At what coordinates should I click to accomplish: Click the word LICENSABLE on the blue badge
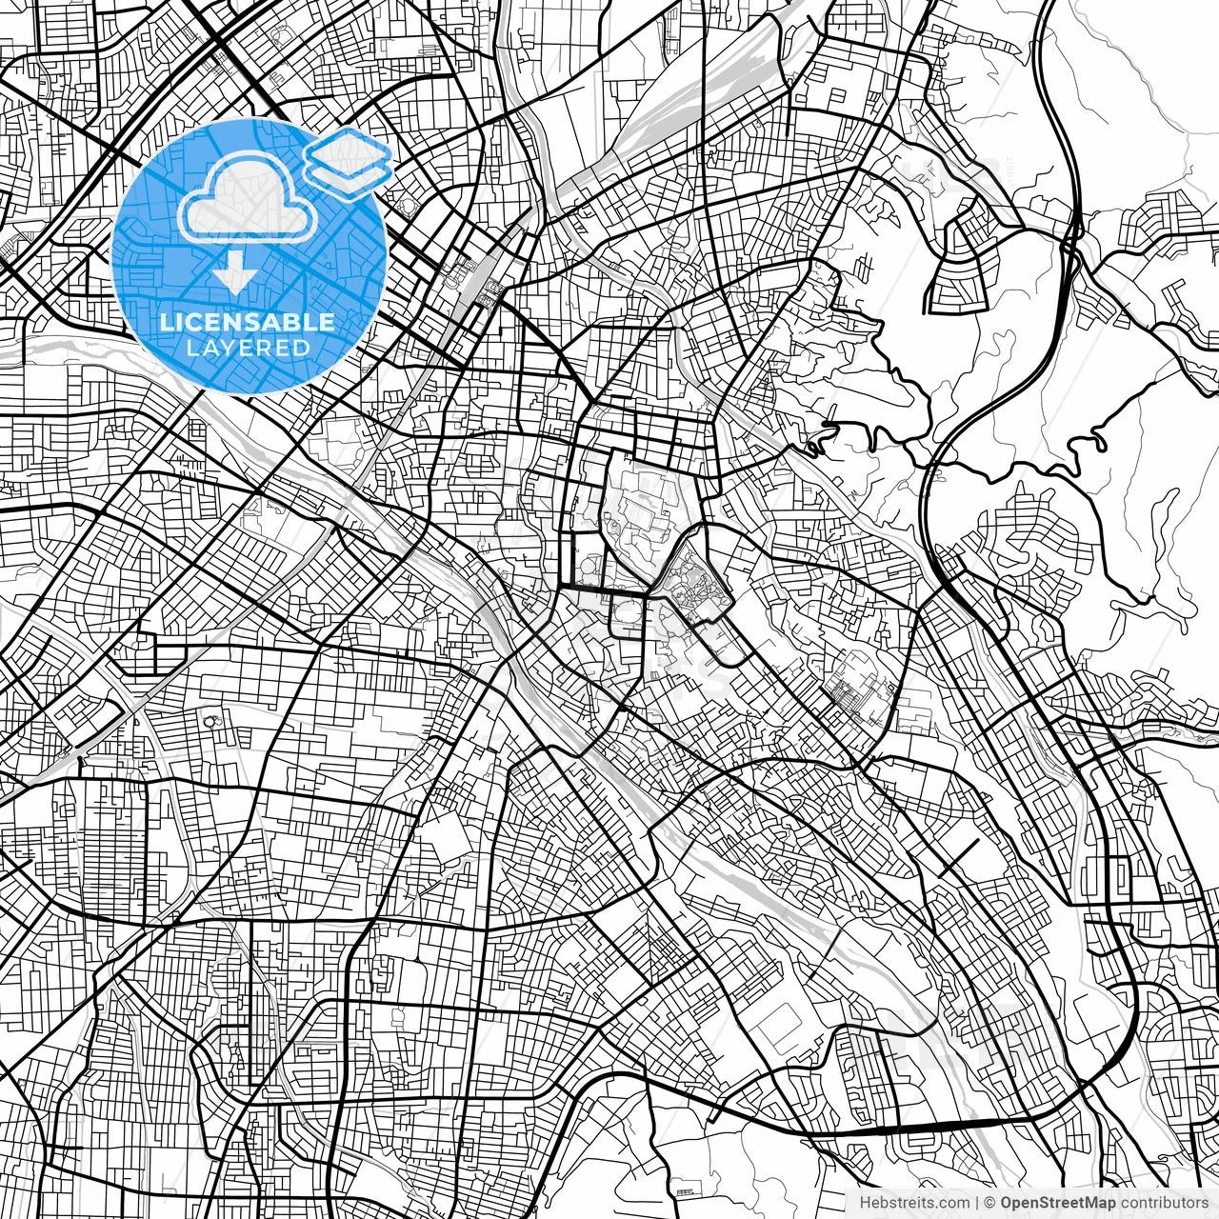tap(248, 322)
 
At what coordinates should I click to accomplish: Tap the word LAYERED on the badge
tap(248, 349)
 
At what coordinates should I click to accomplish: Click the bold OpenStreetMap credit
tap(1058, 1203)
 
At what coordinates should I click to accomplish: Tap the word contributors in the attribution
tap(1163, 1203)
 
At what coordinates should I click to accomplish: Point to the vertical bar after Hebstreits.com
tap(977, 1203)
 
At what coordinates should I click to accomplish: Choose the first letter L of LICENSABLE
tap(166, 322)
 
